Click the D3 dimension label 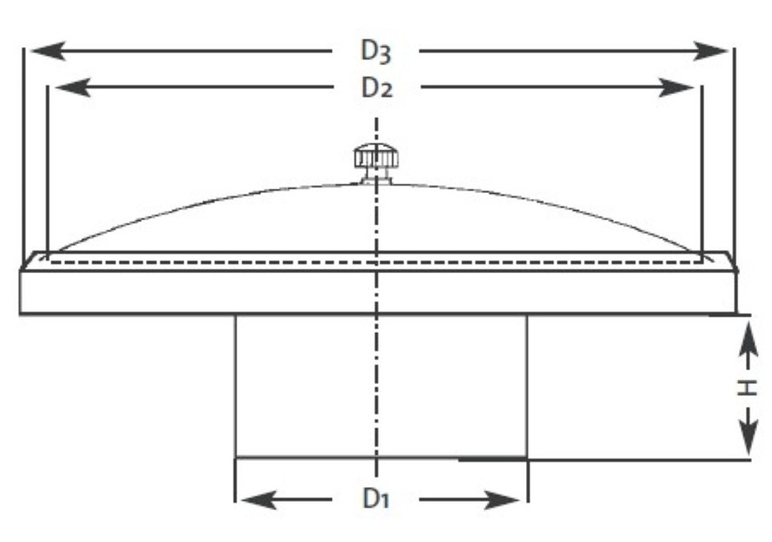pyautogui.click(x=376, y=51)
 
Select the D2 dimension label pyautogui.click(x=377, y=89)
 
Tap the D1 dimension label pyautogui.click(x=375, y=499)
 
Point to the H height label pyautogui.click(x=747, y=387)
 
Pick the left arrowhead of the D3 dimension pyautogui.click(x=48, y=51)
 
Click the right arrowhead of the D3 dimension pyautogui.click(x=709, y=51)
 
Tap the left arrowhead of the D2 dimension pyautogui.click(x=73, y=87)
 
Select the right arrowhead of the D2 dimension pyautogui.click(x=676, y=87)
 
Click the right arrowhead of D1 pyautogui.click(x=502, y=500)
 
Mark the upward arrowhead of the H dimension pyautogui.click(x=749, y=339)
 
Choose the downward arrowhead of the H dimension pyautogui.click(x=749, y=436)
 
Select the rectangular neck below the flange pyautogui.click(x=381, y=386)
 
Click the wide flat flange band pyautogui.click(x=378, y=292)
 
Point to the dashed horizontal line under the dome pyautogui.click(x=376, y=262)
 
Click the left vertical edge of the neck pyautogui.click(x=236, y=386)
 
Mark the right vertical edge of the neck pyautogui.click(x=527, y=386)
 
